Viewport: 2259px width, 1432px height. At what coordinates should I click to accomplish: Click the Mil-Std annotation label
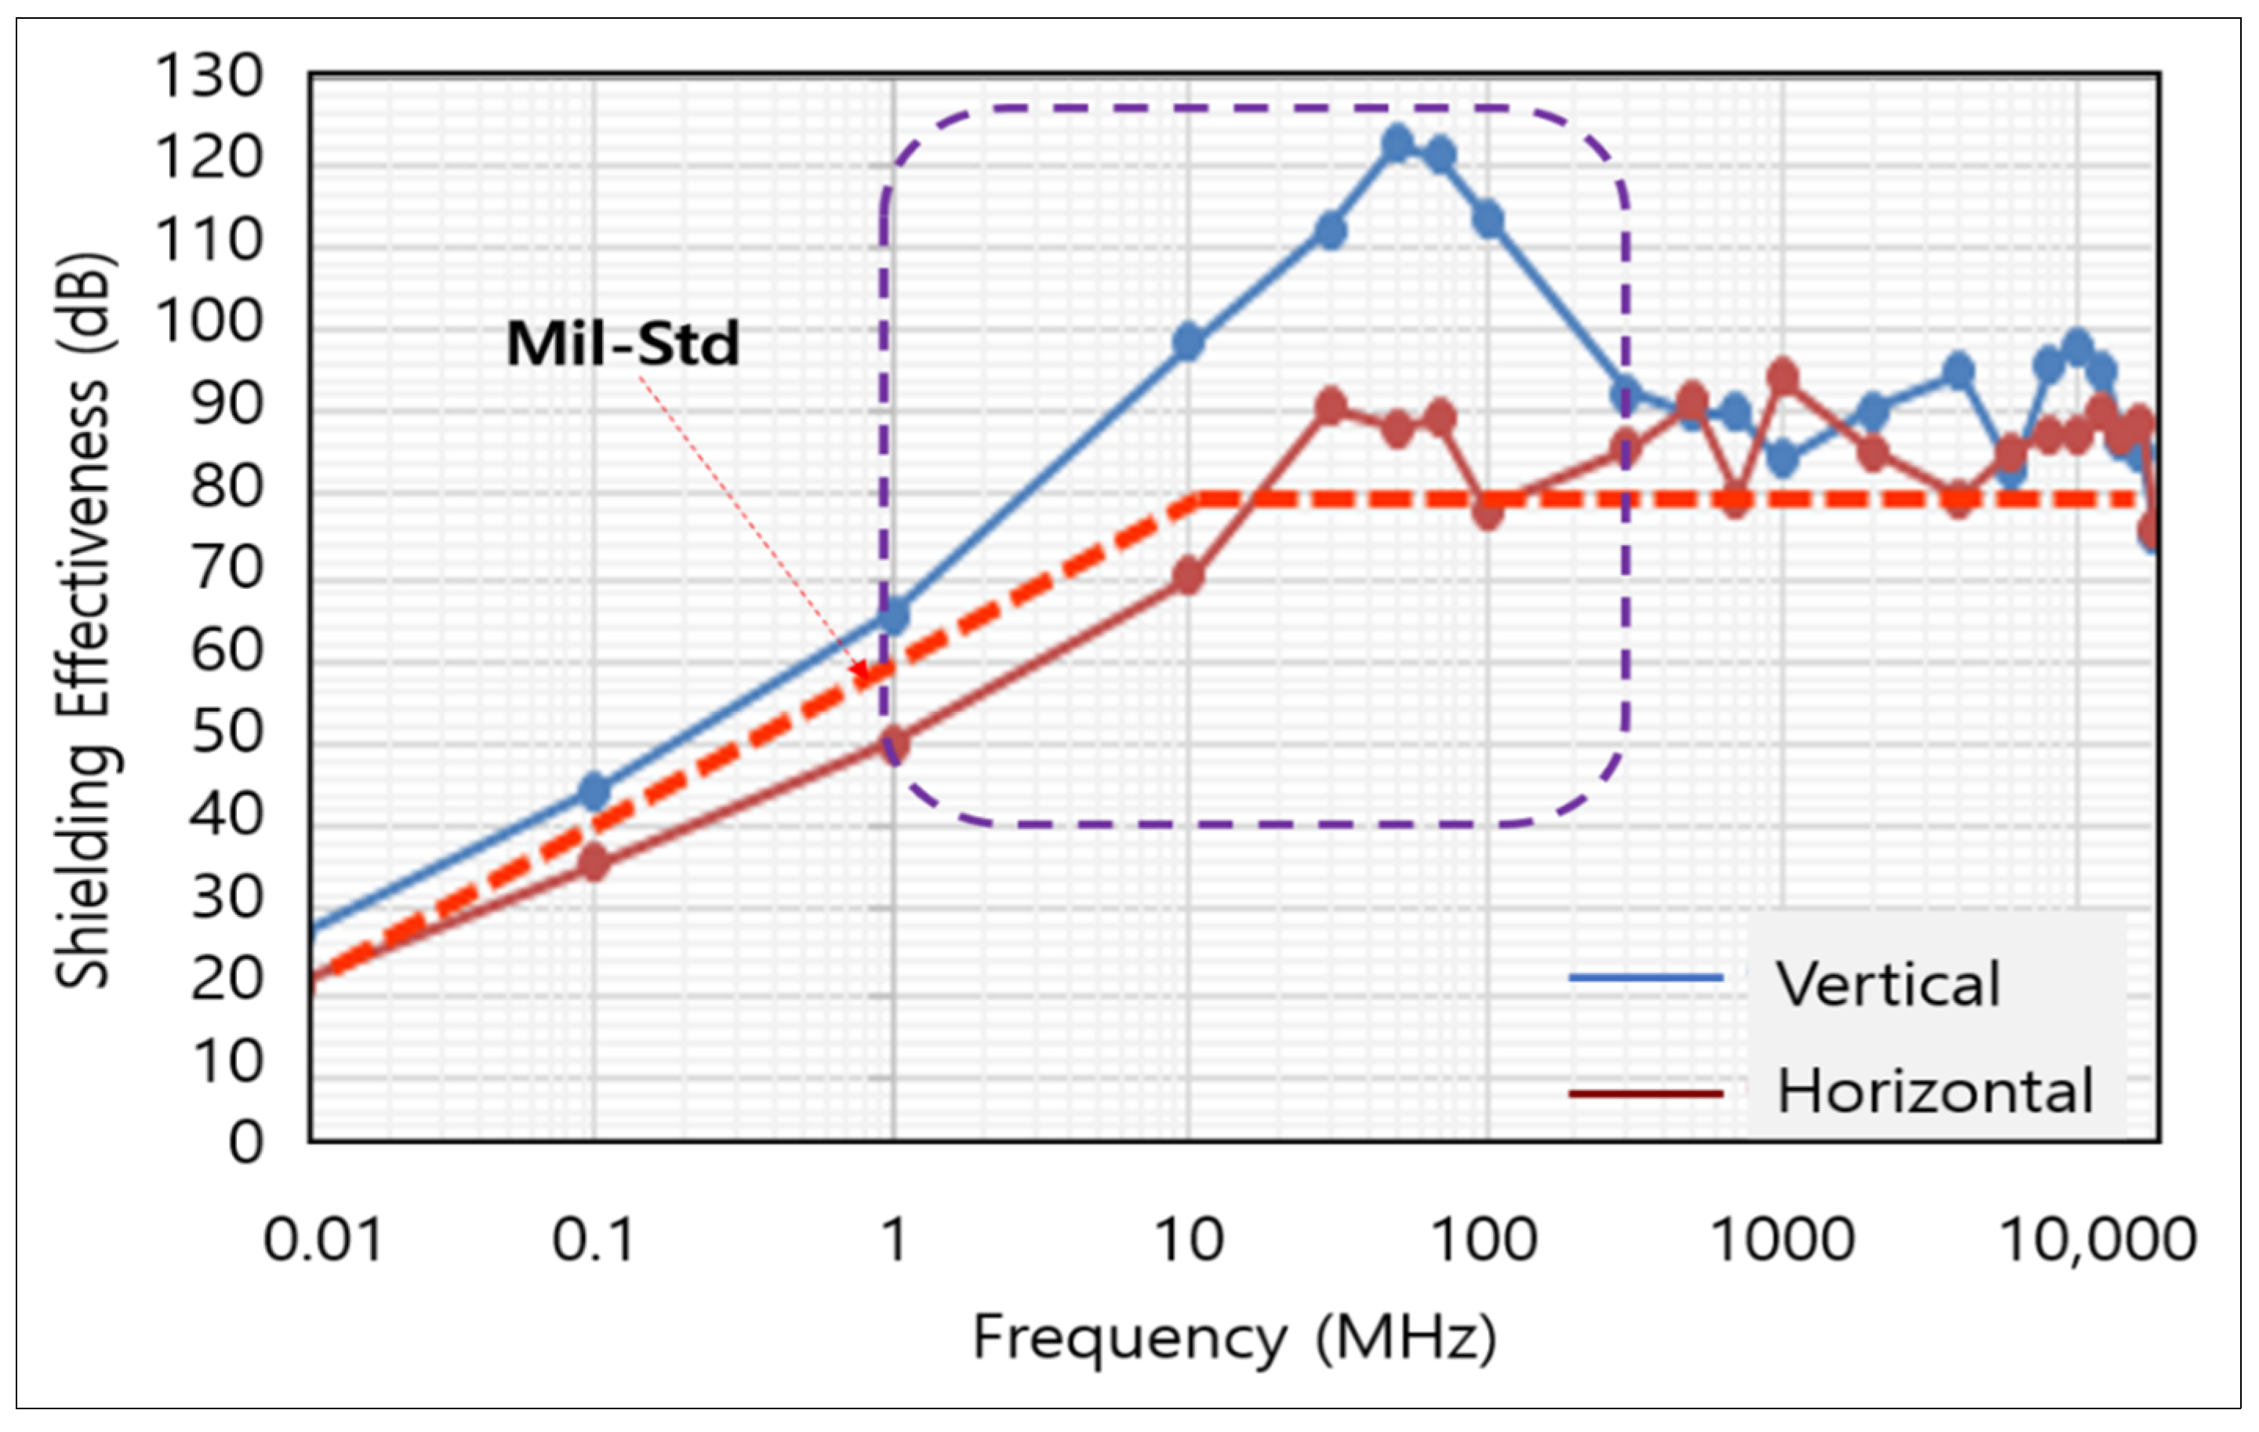623,344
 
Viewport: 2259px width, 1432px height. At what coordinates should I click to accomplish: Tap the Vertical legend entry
1887,984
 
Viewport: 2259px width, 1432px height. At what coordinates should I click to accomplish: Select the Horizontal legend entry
1934,1092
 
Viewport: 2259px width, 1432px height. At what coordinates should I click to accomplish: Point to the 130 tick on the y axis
209,76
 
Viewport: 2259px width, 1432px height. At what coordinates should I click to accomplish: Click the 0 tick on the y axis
245,1143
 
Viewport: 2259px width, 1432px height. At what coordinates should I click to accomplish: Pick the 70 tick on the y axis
225,569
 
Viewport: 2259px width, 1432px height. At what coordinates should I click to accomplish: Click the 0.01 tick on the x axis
323,1241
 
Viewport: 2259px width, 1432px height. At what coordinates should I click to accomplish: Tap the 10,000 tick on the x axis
2097,1241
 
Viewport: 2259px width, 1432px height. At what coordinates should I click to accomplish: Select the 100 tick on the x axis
1484,1241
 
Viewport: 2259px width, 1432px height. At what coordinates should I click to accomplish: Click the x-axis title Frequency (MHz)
1234,1337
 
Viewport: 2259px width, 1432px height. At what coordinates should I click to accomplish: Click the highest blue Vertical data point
1398,144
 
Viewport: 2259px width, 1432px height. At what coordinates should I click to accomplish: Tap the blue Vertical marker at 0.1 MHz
594,792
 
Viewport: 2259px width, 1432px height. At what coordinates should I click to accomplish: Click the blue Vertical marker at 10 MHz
1189,343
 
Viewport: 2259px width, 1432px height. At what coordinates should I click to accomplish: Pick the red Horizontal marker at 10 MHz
1189,576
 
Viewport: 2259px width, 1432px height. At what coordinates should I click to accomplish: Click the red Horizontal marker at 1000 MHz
1782,378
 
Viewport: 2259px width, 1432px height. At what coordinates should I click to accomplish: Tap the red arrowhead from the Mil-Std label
860,670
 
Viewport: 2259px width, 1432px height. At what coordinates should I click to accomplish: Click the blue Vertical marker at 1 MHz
894,616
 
